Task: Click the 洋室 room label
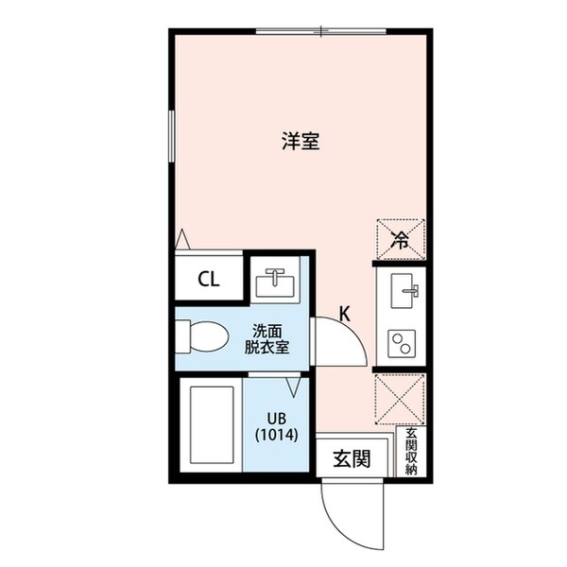pyautogui.click(x=300, y=143)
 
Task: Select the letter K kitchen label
pyautogui.click(x=345, y=315)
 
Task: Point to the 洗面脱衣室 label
pyautogui.click(x=267, y=338)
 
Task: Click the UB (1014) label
pyautogui.click(x=275, y=426)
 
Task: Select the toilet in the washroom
pyautogui.click(x=203, y=335)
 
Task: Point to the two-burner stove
pyautogui.click(x=402, y=343)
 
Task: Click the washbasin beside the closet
pyautogui.click(x=276, y=281)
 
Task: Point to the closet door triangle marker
pyautogui.click(x=182, y=240)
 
